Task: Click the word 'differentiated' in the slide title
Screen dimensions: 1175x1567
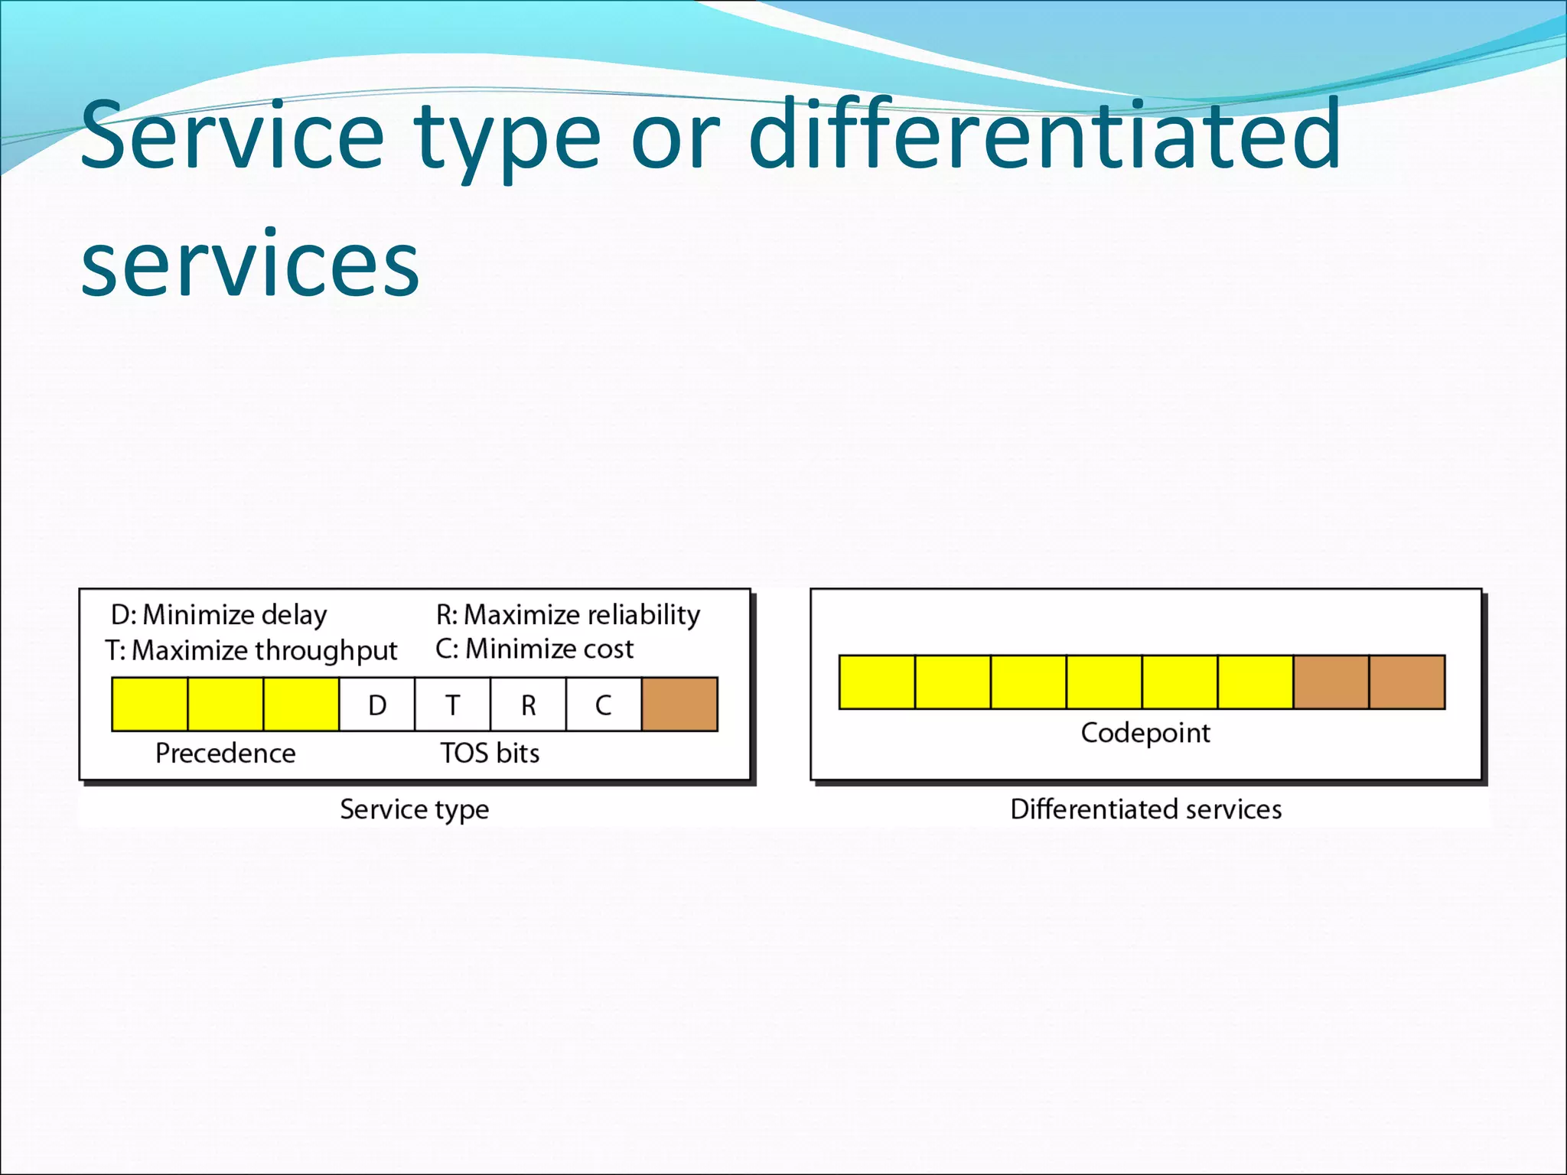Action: [x=1044, y=136]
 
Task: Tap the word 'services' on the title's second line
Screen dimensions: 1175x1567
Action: [x=250, y=265]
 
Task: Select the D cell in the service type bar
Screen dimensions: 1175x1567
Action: [x=377, y=705]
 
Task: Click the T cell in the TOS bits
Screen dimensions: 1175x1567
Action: [x=452, y=705]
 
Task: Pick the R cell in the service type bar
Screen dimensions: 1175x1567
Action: [x=528, y=705]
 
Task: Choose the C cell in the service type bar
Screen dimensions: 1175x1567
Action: [x=603, y=705]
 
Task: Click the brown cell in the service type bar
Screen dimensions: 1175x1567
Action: [x=679, y=705]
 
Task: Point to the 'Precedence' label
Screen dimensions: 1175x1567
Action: [x=226, y=753]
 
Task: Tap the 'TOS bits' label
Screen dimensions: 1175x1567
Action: [x=490, y=753]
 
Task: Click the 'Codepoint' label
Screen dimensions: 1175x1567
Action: [x=1145, y=733]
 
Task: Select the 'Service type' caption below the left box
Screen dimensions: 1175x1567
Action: [x=414, y=809]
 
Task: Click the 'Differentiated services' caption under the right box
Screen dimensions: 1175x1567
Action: [x=1145, y=809]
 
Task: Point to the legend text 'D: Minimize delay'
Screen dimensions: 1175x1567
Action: [x=219, y=615]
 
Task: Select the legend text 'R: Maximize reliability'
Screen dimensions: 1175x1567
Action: [x=568, y=615]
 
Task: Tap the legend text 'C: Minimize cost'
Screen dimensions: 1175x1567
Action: [x=534, y=649]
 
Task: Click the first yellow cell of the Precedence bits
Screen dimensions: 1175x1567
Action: [x=150, y=705]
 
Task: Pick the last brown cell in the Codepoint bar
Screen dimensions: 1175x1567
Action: [x=1406, y=682]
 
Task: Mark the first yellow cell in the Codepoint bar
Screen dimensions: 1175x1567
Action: [x=877, y=682]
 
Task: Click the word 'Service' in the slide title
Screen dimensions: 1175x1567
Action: [x=232, y=136]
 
